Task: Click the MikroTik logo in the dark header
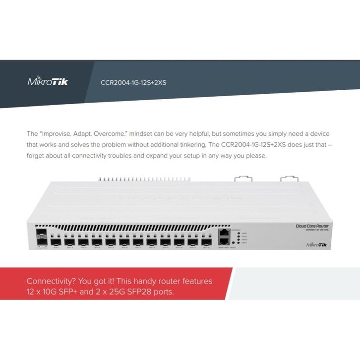tap(48, 81)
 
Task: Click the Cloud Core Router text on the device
tap(312, 226)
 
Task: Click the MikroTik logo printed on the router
tap(317, 244)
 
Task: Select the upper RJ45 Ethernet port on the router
tap(224, 232)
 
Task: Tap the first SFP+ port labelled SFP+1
tap(56, 243)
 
